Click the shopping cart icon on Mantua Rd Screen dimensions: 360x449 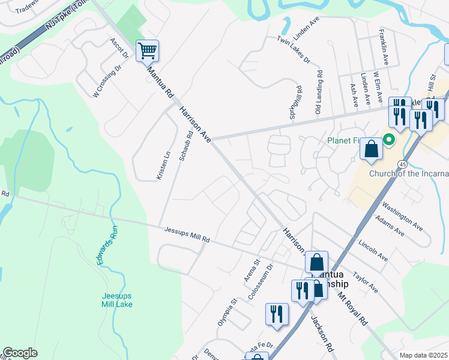click(x=147, y=51)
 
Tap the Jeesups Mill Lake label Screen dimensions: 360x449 click(x=116, y=300)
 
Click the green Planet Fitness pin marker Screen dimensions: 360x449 click(x=389, y=140)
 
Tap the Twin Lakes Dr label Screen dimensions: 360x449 click(x=293, y=51)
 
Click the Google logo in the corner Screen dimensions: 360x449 click(x=20, y=352)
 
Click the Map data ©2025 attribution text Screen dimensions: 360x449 click(x=423, y=355)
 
